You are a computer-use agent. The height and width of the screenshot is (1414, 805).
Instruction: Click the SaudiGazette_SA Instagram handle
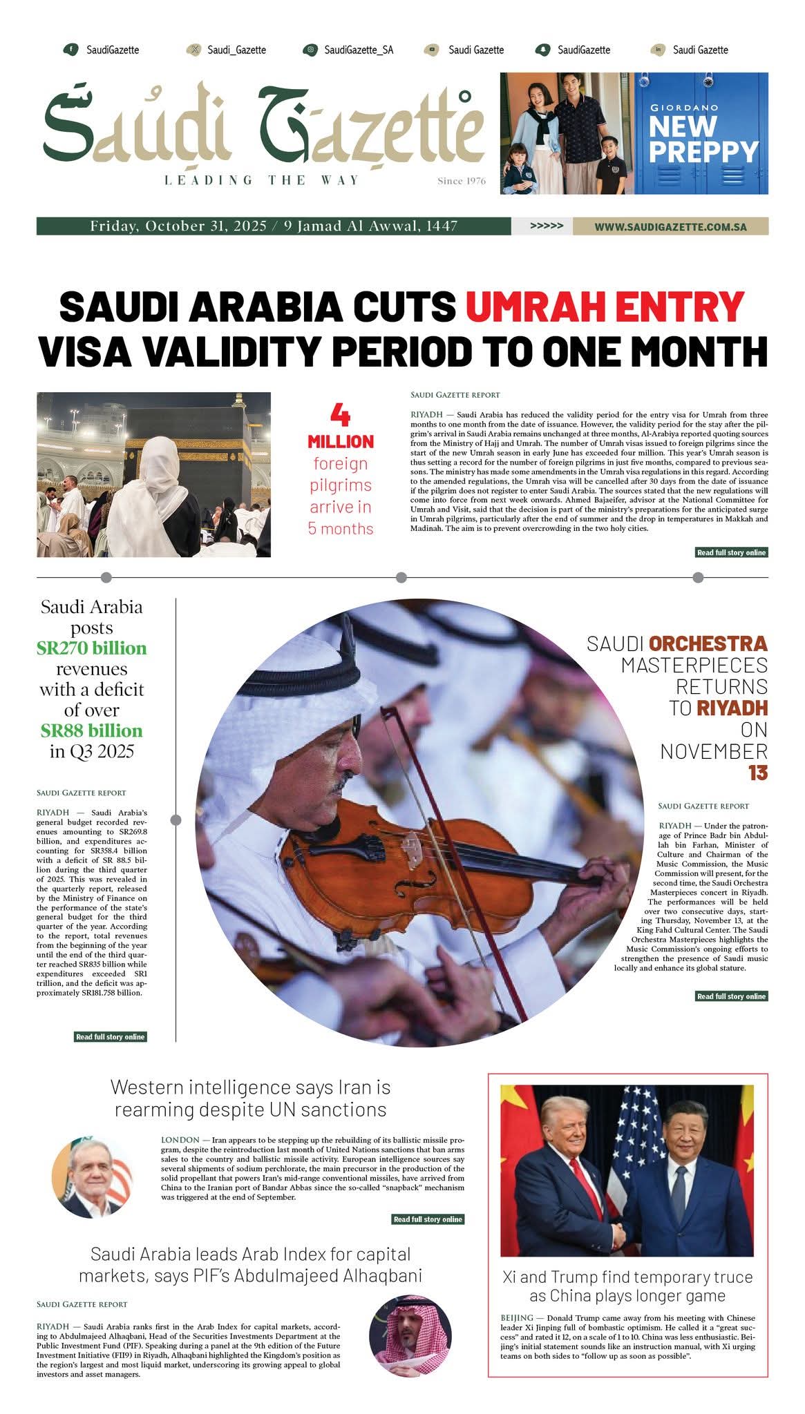pos(358,50)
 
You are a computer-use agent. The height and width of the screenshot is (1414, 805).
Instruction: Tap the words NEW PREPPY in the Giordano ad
pos(703,139)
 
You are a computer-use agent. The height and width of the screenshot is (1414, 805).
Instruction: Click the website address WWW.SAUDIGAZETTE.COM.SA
pos(670,226)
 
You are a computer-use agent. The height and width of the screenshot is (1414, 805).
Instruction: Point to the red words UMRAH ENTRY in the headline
pos(605,307)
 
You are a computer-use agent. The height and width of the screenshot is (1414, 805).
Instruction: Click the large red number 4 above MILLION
pos(340,415)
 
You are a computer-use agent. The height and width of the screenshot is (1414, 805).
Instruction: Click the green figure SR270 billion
pos(92,648)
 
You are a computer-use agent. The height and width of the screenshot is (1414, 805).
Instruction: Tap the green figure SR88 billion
pos(92,730)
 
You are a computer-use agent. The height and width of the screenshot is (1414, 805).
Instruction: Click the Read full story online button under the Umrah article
pos(731,552)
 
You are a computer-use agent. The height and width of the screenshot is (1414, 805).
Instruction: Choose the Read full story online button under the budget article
pos(110,1036)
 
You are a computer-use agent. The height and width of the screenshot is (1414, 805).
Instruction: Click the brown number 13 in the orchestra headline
pos(757,773)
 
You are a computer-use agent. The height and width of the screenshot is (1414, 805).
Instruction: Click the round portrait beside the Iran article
pos(93,1178)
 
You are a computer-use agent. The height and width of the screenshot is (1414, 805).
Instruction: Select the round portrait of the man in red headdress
pos(410,1336)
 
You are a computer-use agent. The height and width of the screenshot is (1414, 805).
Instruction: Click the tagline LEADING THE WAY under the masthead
pos(262,180)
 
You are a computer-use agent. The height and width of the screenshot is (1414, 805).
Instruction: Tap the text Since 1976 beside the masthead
pos(461,182)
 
